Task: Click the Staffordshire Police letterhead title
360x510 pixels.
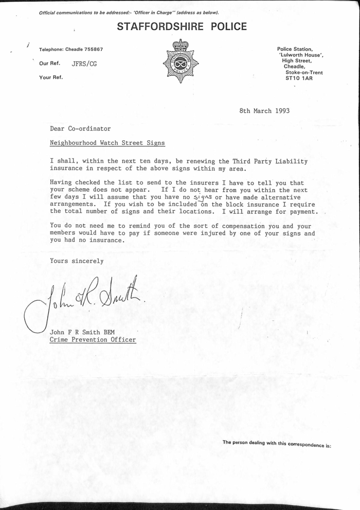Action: (x=182, y=27)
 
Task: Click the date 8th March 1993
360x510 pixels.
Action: (x=265, y=111)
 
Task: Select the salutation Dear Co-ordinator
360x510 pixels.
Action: (x=80, y=129)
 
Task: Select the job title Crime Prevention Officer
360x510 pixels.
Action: (x=93, y=340)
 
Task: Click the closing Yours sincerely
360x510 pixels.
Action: (x=77, y=261)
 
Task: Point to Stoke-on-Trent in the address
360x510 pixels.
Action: (x=303, y=72)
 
